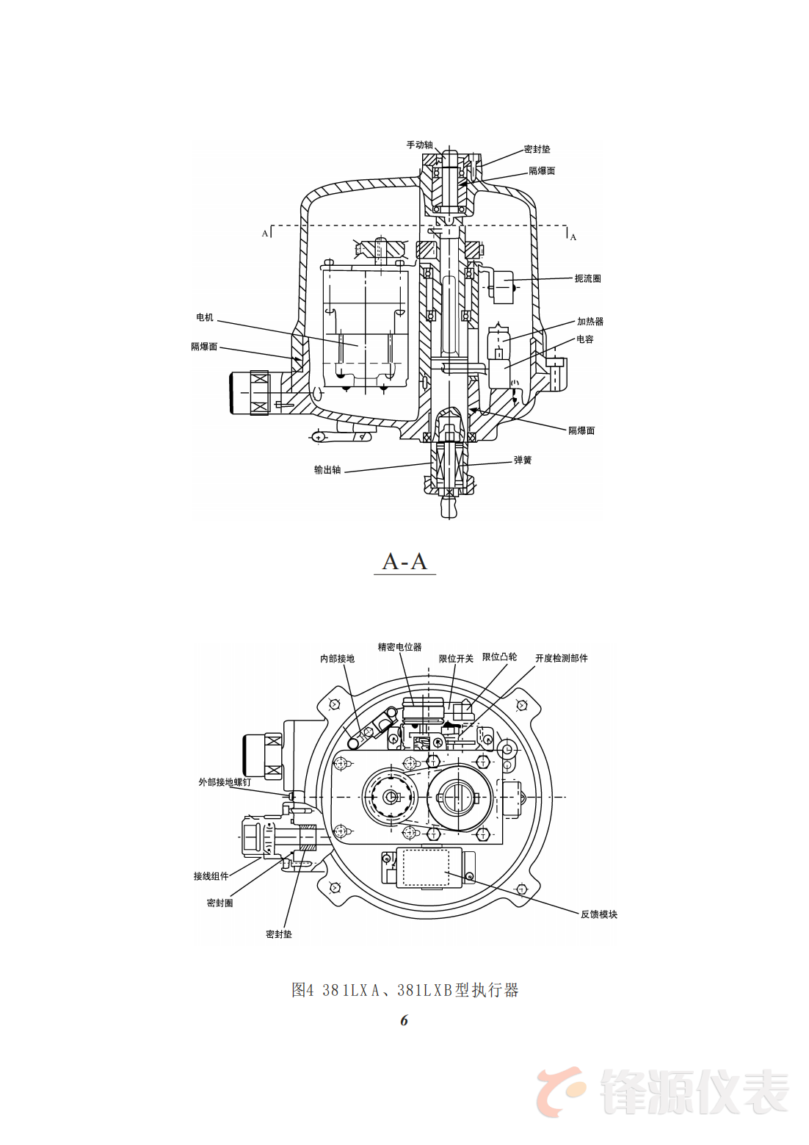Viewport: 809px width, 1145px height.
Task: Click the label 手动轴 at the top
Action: pos(419,145)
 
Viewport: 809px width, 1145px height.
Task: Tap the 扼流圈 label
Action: pos(587,278)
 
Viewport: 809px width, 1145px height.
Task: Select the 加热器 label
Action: pos(589,321)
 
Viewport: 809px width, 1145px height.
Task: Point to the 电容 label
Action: pos(584,339)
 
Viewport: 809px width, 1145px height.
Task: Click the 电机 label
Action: pos(204,317)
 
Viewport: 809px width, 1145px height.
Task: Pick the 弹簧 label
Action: pos(522,460)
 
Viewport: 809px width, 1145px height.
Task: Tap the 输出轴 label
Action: pos(327,470)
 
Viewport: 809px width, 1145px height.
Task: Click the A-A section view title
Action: pos(404,562)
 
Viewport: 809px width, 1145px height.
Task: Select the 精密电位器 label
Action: pos(399,647)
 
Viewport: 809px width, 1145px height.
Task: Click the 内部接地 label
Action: pos(337,659)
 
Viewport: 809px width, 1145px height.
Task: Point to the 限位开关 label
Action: pos(456,659)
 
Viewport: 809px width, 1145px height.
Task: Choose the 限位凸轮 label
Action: pos(499,657)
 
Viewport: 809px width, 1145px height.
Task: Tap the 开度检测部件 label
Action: pos(561,658)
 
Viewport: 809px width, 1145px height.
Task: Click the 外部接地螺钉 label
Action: pos(224,782)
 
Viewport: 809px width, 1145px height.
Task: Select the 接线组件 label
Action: pos(211,876)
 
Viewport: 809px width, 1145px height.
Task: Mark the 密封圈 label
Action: pos(220,903)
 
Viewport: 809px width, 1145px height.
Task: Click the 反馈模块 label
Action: pos(598,914)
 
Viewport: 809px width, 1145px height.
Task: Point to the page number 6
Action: pos(404,1020)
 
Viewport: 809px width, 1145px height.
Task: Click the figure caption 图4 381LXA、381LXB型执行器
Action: pos(404,990)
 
